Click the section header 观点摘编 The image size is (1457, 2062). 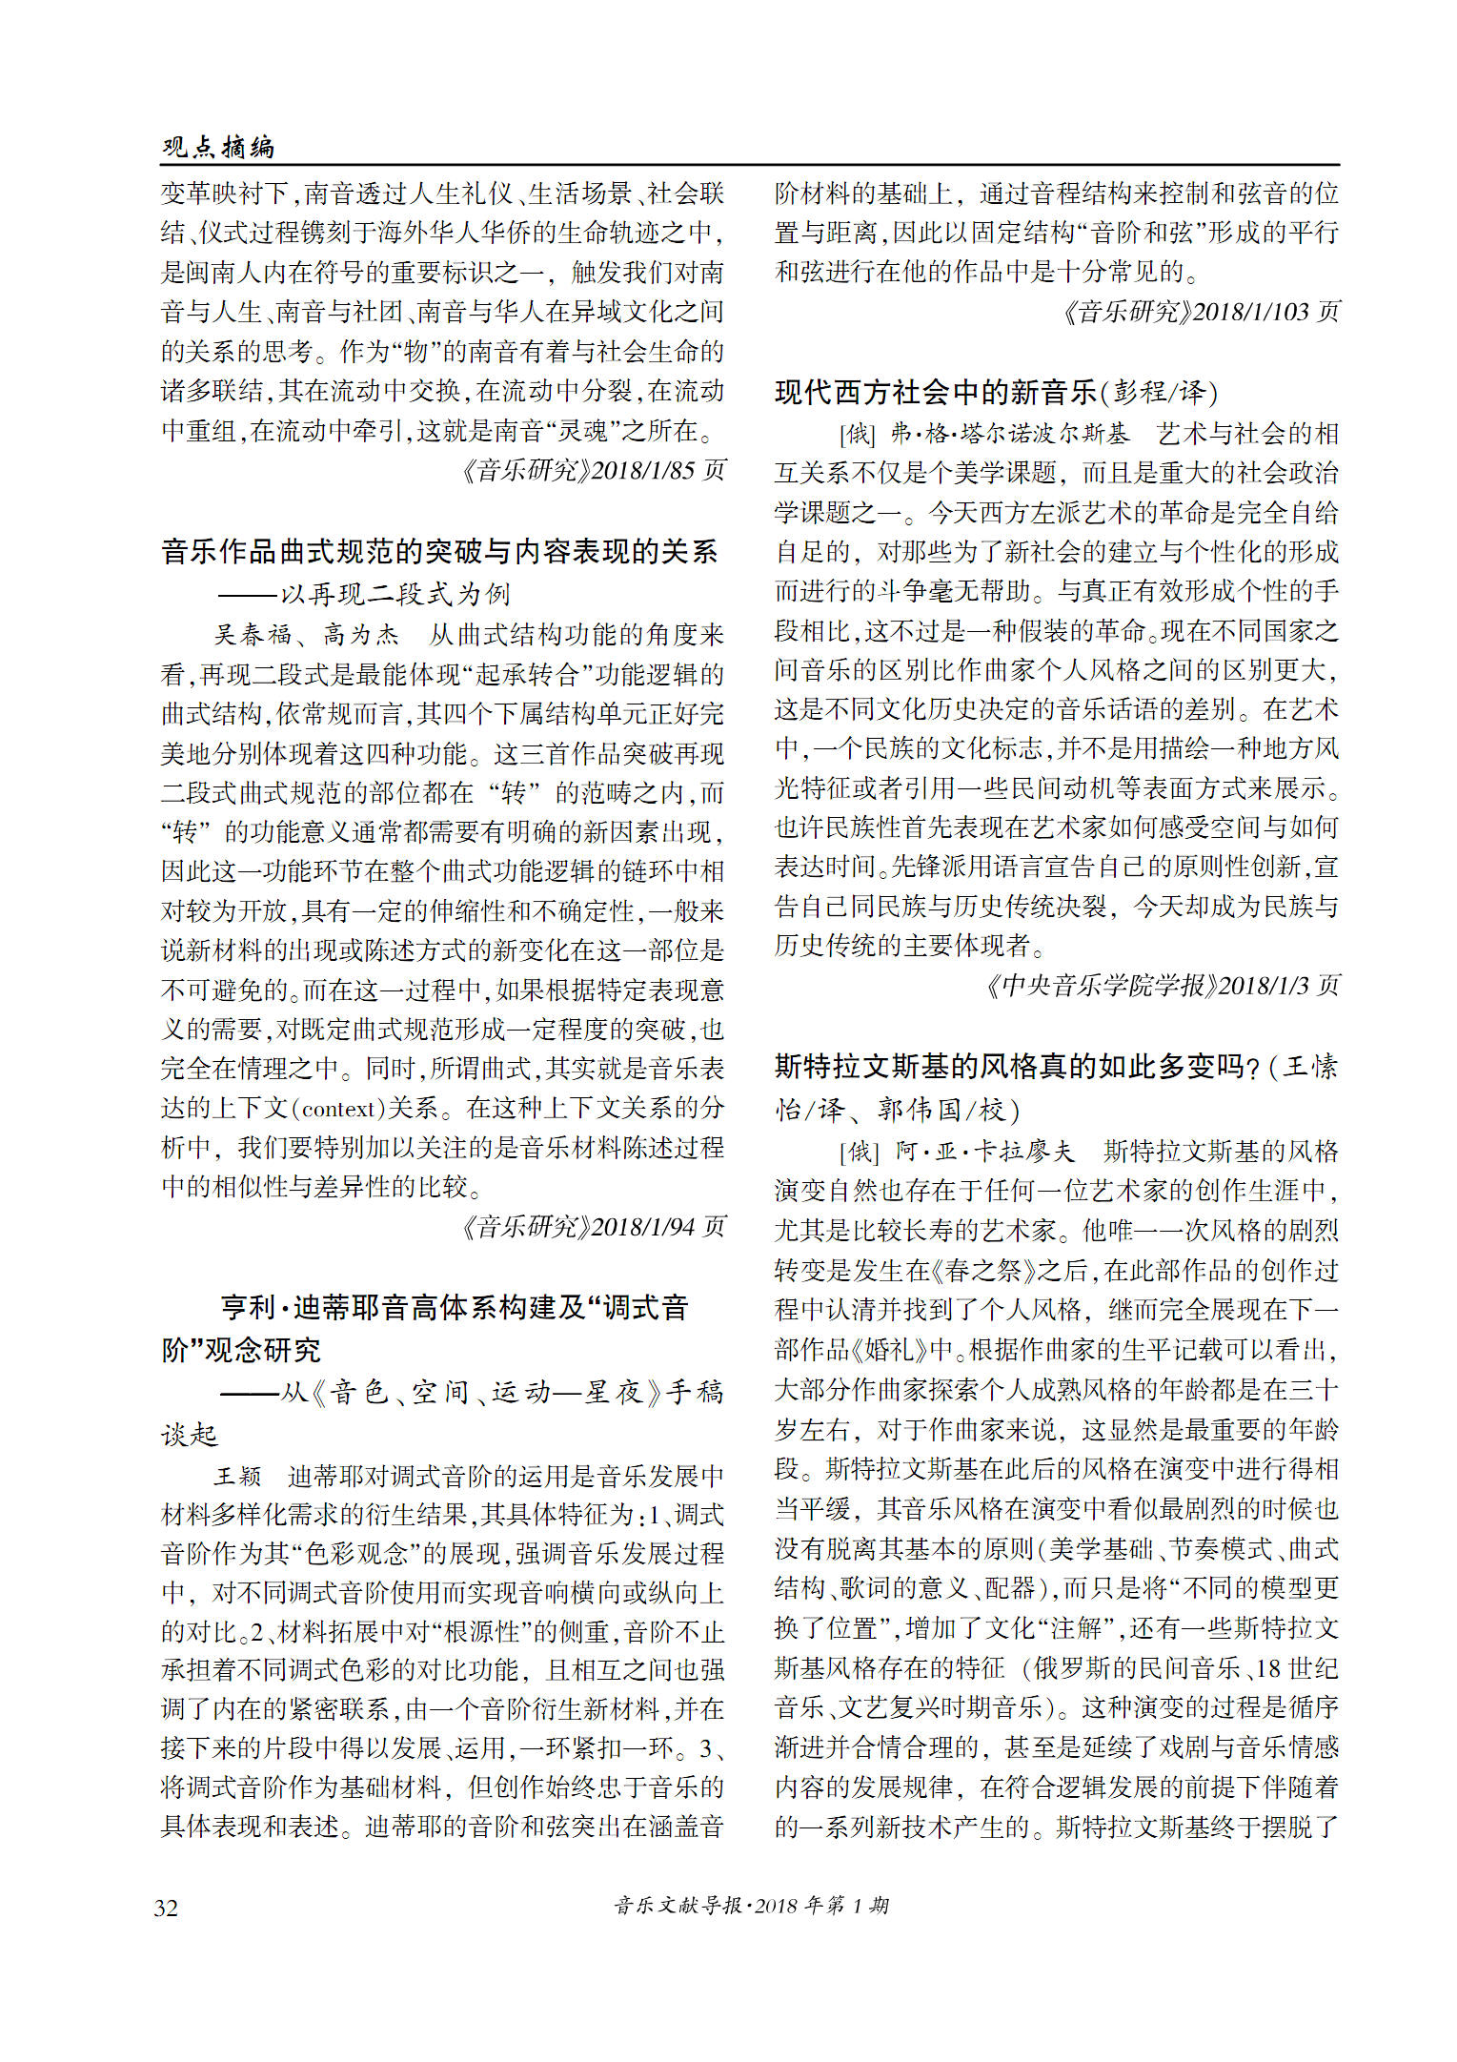pyautogui.click(x=218, y=147)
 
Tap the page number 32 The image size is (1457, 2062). pyautogui.click(x=166, y=1908)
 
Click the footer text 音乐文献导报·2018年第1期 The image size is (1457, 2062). pyautogui.click(x=751, y=1906)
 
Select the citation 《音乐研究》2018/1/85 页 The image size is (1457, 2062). pyautogui.click(x=593, y=471)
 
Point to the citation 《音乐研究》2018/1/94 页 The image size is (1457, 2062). pyautogui.click(x=593, y=1227)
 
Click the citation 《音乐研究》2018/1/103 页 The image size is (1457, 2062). pyautogui.click(x=1201, y=312)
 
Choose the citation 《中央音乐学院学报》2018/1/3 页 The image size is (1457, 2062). pyautogui.click(x=1163, y=986)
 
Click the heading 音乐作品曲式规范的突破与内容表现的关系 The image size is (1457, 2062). pyautogui.click(x=439, y=552)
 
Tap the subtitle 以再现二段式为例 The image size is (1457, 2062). pyautogui.click(x=395, y=595)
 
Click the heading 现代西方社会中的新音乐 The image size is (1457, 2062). pyautogui.click(x=936, y=392)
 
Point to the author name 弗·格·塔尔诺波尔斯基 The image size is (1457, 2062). pyautogui.click(x=1009, y=435)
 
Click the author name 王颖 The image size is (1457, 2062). pyautogui.click(x=237, y=1477)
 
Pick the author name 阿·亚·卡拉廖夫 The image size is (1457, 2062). pyautogui.click(x=984, y=1152)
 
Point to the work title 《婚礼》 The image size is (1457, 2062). pyautogui.click(x=902, y=1350)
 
